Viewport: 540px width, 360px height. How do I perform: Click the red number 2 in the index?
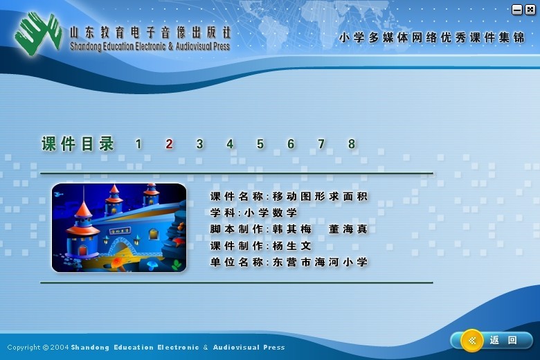point(169,144)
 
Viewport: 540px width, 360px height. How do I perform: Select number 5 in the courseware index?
point(260,144)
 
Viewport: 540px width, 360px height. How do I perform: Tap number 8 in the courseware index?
point(351,144)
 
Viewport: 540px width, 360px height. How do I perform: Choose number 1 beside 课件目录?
point(138,144)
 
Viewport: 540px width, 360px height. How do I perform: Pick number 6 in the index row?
point(291,144)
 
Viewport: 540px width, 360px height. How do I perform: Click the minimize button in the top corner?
point(517,10)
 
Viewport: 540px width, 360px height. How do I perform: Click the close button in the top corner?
point(530,10)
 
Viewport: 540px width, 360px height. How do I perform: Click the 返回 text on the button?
point(503,341)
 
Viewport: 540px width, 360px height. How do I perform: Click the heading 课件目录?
point(78,144)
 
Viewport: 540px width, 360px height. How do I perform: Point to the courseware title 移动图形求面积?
point(320,197)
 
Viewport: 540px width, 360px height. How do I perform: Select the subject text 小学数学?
point(270,213)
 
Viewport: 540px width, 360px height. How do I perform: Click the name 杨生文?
point(291,246)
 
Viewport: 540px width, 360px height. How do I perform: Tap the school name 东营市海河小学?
point(320,262)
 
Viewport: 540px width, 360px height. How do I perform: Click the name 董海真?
point(348,229)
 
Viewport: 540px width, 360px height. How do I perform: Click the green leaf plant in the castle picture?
point(177,264)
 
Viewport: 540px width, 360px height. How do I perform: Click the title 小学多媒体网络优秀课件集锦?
point(432,37)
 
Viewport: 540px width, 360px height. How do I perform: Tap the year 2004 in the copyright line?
point(60,348)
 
